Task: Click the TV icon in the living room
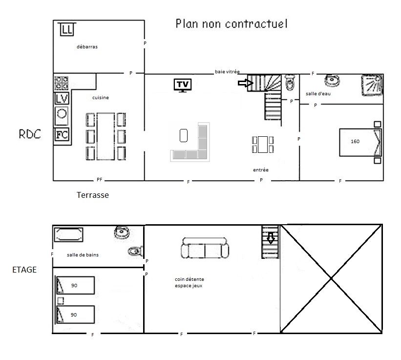point(183,85)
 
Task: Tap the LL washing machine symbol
point(67,29)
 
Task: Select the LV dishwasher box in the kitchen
point(62,99)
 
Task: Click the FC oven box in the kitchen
point(62,134)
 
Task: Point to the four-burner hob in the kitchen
point(62,83)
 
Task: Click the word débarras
point(87,46)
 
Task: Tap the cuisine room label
point(101,97)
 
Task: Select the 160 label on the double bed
point(355,141)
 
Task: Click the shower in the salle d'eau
point(372,85)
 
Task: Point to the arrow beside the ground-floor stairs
point(246,83)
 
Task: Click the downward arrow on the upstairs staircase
point(271,238)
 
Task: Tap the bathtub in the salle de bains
point(68,235)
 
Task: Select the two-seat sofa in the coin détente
point(205,248)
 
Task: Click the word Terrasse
point(93,195)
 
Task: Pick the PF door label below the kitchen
point(100,180)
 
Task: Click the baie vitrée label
point(227,72)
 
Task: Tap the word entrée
point(261,170)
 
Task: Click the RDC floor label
point(30,134)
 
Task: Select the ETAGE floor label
point(24,270)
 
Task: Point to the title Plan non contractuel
point(232,23)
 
